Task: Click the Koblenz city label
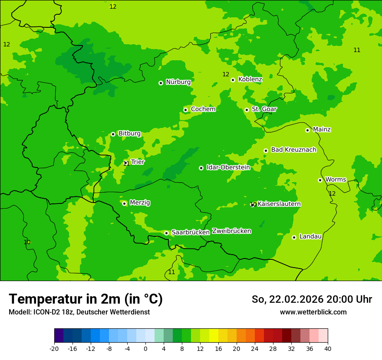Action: coord(250,79)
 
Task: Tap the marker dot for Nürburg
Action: coord(161,83)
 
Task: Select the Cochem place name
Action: coord(203,109)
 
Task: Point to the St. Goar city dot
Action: coord(247,110)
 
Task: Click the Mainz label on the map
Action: coord(322,129)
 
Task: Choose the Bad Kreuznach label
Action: coord(293,150)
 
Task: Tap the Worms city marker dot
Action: coord(320,180)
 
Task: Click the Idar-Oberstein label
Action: coord(228,167)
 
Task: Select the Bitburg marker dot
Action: coord(113,134)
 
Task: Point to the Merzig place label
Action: coord(140,203)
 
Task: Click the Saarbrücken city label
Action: coord(191,232)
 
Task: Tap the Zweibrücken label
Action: coord(231,231)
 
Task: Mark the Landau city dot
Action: coord(294,237)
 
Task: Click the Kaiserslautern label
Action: coord(279,204)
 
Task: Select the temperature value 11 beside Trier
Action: coord(126,164)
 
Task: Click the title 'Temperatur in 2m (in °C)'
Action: coord(86,299)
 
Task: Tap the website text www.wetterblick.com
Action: coord(313,312)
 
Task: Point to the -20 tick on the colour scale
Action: coord(54,349)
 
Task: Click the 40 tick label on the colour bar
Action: coord(328,349)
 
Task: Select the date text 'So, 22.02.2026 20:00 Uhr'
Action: coord(312,299)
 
